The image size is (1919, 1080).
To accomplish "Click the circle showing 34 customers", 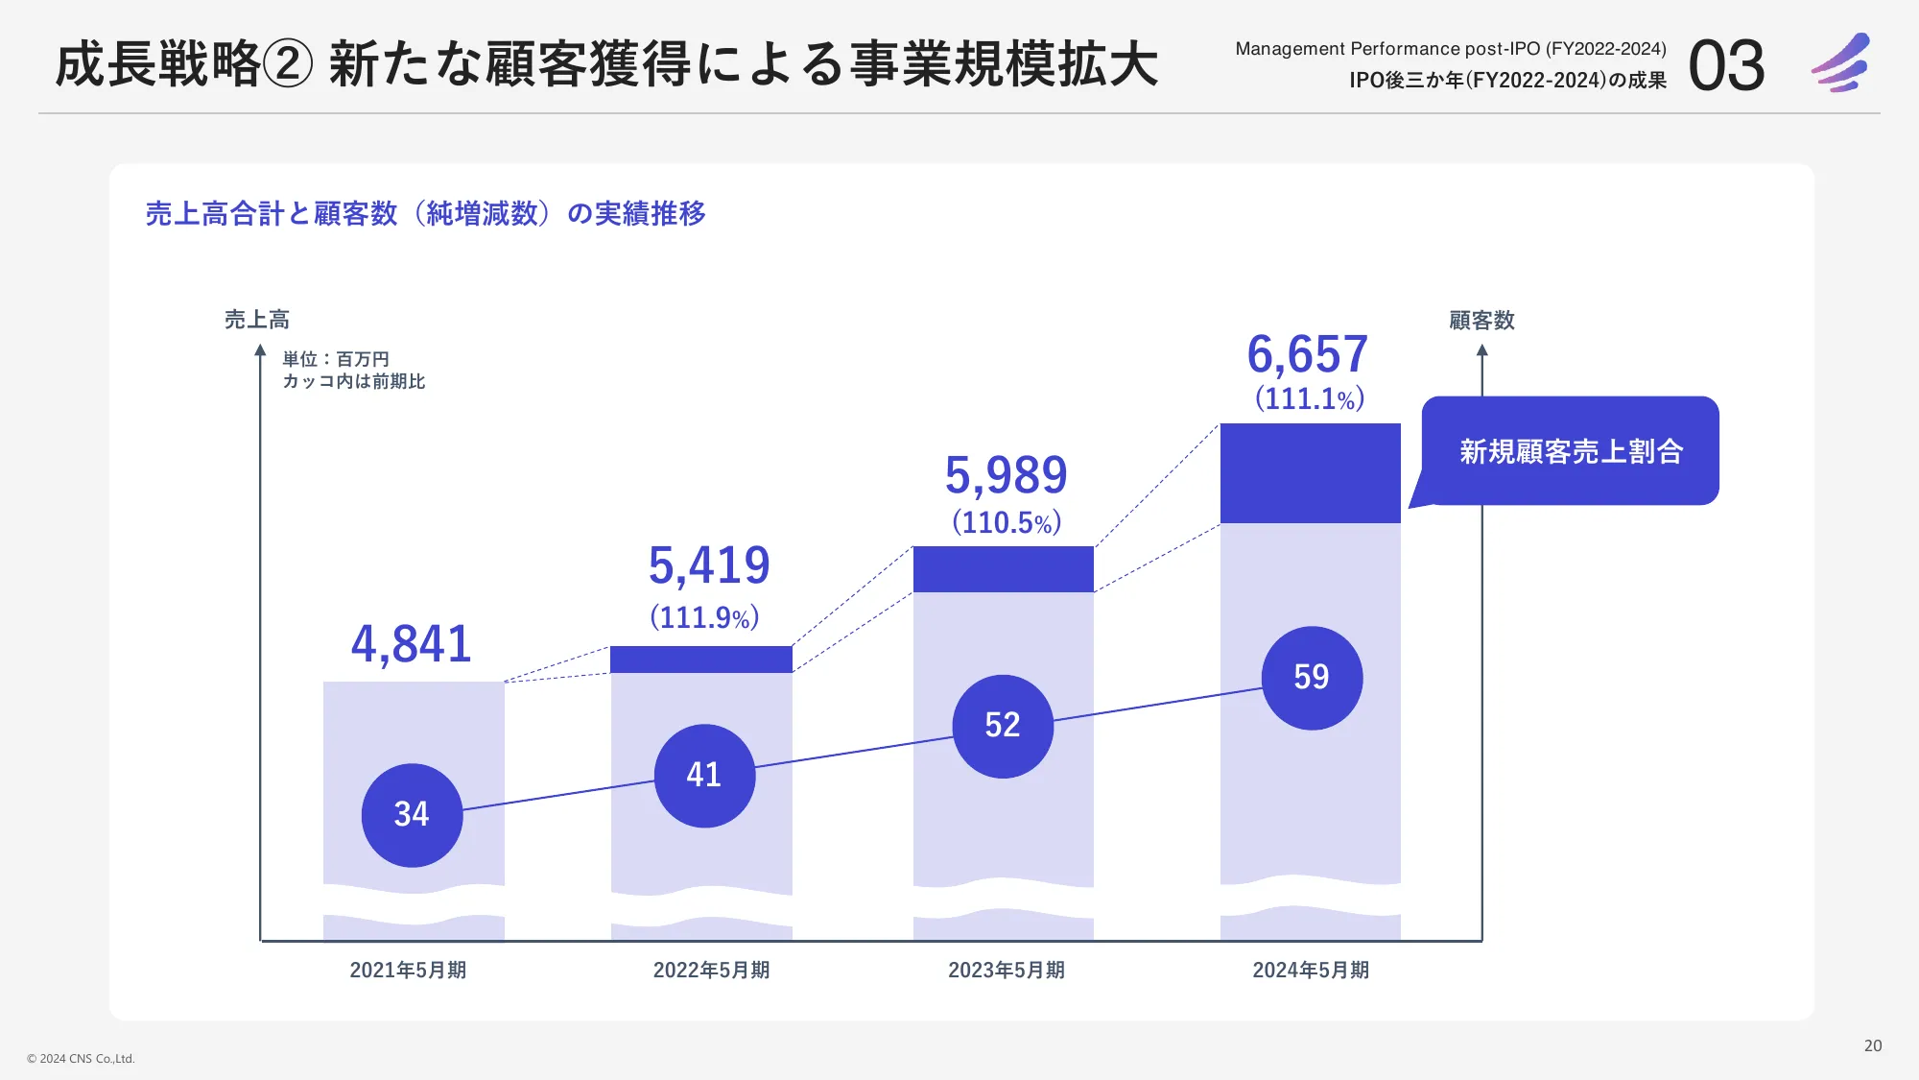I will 412,815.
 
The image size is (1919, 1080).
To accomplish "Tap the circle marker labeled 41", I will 704,776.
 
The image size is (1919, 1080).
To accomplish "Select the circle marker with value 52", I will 1003,726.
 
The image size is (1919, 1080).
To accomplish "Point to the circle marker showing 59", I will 1312,678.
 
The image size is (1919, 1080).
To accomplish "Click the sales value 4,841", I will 412,644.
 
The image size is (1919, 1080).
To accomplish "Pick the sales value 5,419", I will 709,565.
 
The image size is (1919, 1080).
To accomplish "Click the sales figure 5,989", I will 1006,475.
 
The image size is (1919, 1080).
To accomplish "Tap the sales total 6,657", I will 1307,354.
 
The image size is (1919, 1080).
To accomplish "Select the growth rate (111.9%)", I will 704,617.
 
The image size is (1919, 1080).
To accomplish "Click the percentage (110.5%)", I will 1007,523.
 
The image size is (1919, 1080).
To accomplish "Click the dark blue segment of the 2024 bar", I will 1310,473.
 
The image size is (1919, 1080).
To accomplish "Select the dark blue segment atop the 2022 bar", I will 701,660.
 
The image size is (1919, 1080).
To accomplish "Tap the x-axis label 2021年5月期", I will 408,971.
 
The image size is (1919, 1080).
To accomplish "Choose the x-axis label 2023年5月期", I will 1007,971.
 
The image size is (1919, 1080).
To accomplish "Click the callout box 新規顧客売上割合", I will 1571,451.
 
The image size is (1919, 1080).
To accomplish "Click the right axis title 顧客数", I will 1481,321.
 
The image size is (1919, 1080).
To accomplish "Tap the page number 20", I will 1872,1045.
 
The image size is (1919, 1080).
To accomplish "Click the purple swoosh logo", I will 1841,63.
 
